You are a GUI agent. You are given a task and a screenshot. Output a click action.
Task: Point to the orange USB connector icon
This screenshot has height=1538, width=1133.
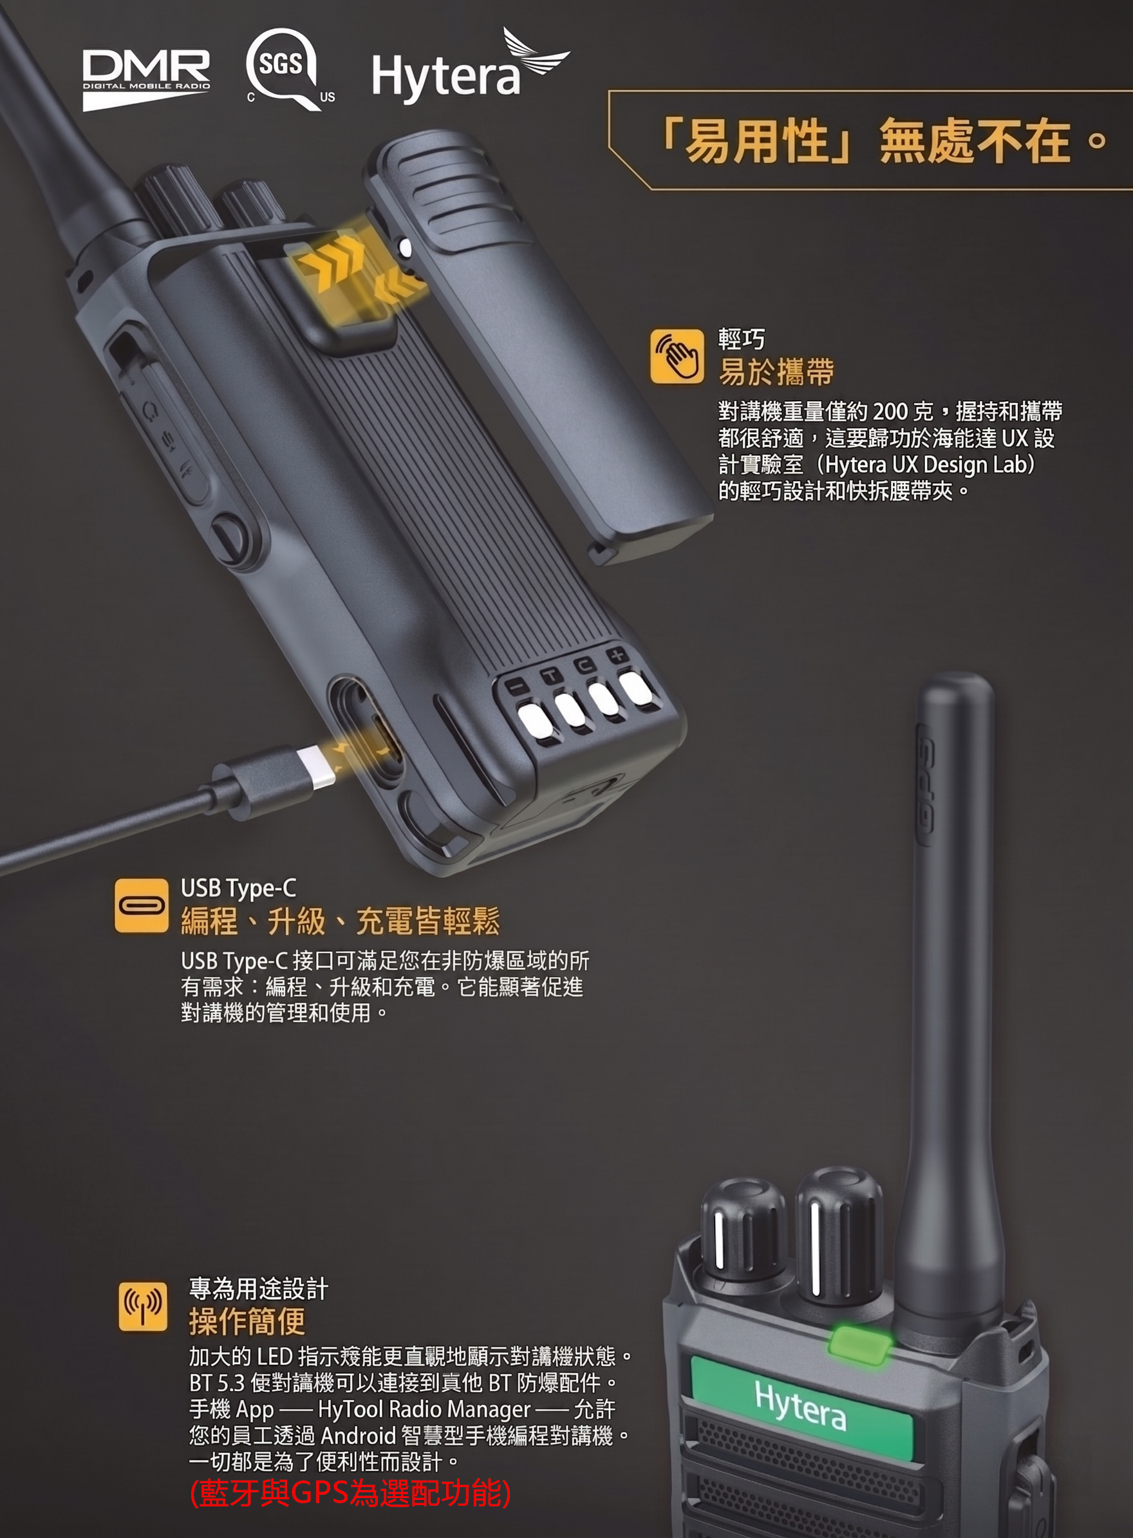[141, 905]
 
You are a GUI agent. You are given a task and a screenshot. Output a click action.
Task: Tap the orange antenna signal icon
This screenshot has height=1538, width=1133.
[143, 1306]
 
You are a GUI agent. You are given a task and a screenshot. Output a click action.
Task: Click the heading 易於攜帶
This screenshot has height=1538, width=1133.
[776, 372]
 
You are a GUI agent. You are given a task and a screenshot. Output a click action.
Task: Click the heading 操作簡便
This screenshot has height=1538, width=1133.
[247, 1322]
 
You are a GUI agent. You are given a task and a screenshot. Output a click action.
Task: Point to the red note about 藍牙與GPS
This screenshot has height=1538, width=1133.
[350, 1494]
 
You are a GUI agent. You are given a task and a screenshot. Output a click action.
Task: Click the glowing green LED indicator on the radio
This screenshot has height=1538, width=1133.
[861, 1342]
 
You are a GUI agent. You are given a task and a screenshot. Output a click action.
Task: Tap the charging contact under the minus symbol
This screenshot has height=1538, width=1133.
[535, 720]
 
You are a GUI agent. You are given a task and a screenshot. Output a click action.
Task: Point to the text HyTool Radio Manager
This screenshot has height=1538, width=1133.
[424, 1409]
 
